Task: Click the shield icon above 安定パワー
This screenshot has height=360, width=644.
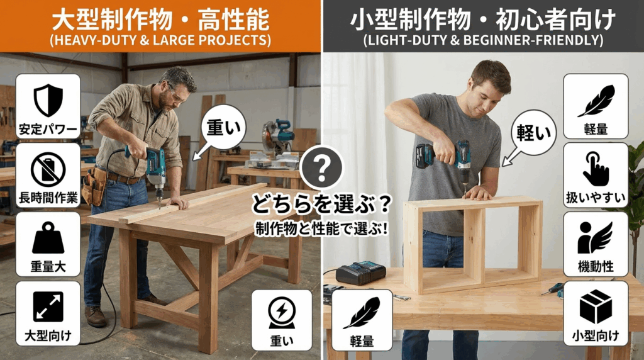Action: pyautogui.click(x=48, y=100)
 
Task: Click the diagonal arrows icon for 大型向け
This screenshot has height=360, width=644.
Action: pyautogui.click(x=48, y=307)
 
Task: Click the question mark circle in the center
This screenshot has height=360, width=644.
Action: pyautogui.click(x=321, y=167)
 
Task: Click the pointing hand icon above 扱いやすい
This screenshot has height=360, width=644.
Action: pyautogui.click(x=596, y=169)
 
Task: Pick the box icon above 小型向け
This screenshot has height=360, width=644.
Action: pyautogui.click(x=596, y=307)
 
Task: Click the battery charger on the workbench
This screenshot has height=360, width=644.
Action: pyautogui.click(x=360, y=273)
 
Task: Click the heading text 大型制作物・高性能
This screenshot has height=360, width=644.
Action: pyautogui.click(x=160, y=20)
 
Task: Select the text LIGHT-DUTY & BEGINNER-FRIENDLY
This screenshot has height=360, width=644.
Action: pyautogui.click(x=483, y=40)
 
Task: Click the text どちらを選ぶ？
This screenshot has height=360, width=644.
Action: pyautogui.click(x=321, y=204)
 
